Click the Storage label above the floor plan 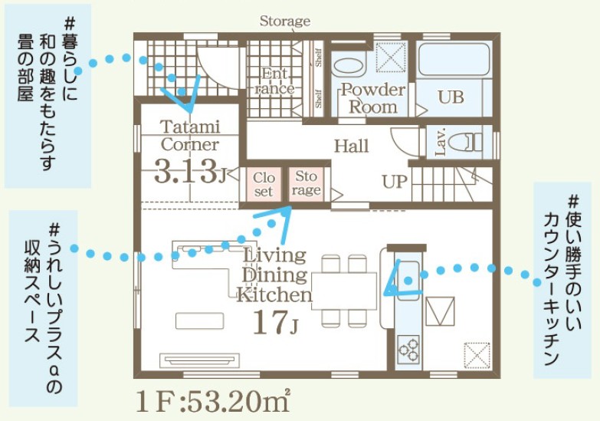pyautogui.click(x=285, y=21)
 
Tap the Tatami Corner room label pyautogui.click(x=190, y=136)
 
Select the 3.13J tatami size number pyautogui.click(x=190, y=173)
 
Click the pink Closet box pyautogui.click(x=264, y=184)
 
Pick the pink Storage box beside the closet pyautogui.click(x=306, y=184)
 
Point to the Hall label pyautogui.click(x=351, y=146)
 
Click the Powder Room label pyautogui.click(x=372, y=98)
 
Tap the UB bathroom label pyautogui.click(x=451, y=97)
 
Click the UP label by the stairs pyautogui.click(x=394, y=182)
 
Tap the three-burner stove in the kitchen pyautogui.click(x=408, y=349)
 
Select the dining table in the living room pyautogui.click(x=344, y=291)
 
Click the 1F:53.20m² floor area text pyautogui.click(x=213, y=401)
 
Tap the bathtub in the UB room pyautogui.click(x=454, y=59)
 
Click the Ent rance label pyautogui.click(x=274, y=81)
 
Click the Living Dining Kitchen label pyautogui.click(x=274, y=275)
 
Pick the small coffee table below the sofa pyautogui.click(x=199, y=321)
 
